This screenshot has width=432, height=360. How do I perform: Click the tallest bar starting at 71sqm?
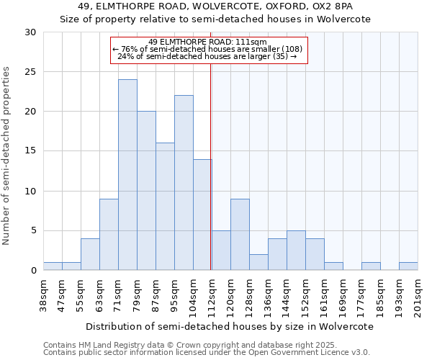pyautogui.click(x=127, y=175)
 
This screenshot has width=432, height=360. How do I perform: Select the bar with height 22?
pyautogui.click(x=184, y=183)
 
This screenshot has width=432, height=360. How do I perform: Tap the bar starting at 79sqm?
pyautogui.click(x=146, y=191)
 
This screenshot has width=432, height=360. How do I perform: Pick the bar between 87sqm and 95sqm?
pyautogui.click(x=165, y=207)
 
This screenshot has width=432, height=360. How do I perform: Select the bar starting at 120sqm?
pyautogui.click(x=240, y=234)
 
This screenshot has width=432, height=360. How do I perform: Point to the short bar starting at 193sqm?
pyautogui.click(x=408, y=266)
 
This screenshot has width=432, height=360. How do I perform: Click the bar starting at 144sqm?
pyautogui.click(x=296, y=251)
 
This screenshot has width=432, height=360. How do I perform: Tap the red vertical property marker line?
pyautogui.click(x=210, y=166)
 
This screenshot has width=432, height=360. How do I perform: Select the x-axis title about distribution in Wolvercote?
pyautogui.click(x=230, y=326)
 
